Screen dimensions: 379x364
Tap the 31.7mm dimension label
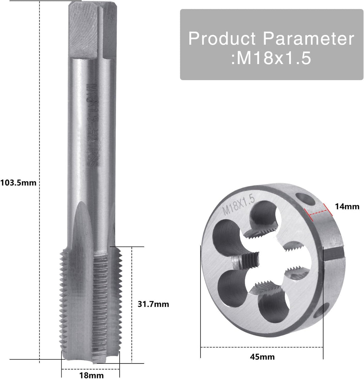153,304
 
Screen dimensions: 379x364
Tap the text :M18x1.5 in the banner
271,59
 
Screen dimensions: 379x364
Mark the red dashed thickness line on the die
316,211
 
